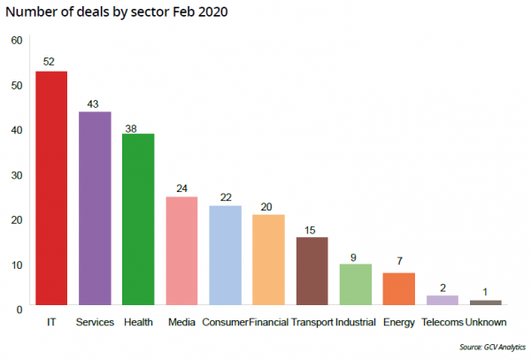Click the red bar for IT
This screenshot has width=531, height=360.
point(51,189)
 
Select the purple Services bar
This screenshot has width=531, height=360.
point(95,210)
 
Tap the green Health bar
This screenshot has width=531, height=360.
point(138,220)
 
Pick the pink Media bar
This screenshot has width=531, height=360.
point(181,252)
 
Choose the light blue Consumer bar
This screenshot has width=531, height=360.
point(225,257)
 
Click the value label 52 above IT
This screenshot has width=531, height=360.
point(51,63)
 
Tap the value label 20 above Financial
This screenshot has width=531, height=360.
point(268,206)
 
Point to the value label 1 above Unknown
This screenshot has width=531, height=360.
point(485,292)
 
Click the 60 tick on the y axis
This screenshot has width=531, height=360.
point(17,41)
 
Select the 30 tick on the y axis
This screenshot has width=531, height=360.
point(17,174)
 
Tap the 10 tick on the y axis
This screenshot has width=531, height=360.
point(17,264)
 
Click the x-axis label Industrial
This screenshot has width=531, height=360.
point(355,323)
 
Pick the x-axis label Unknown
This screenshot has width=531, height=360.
point(486,323)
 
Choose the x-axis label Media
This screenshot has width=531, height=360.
point(181,323)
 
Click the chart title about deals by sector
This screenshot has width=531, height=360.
point(118,12)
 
